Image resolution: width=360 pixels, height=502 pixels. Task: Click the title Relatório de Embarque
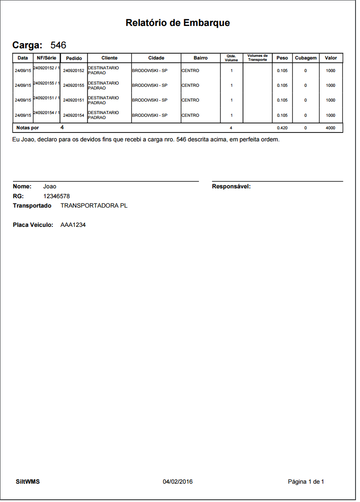[178, 23]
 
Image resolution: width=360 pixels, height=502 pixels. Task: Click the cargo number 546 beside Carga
[58, 45]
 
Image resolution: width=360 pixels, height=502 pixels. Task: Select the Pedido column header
[74, 58]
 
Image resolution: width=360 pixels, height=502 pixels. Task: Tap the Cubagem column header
[305, 58]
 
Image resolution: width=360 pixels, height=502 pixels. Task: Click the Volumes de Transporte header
[257, 58]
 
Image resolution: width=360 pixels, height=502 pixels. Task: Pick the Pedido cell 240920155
[74, 85]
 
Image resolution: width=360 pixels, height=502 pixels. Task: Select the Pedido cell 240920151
[74, 100]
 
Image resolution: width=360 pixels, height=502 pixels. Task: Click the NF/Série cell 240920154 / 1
[47, 113]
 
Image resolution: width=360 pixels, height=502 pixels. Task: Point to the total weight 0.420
[282, 128]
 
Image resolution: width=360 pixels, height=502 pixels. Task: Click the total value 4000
[330, 128]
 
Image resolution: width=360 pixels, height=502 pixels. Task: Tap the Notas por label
[27, 128]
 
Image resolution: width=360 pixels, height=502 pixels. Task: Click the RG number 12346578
[56, 196]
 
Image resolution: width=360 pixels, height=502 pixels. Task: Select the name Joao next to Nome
[50, 187]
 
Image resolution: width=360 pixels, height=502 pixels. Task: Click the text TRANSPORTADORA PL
[94, 206]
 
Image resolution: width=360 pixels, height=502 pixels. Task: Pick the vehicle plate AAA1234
[73, 225]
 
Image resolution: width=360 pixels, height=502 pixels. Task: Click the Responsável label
[231, 187]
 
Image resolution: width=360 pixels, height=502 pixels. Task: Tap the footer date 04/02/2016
[178, 482]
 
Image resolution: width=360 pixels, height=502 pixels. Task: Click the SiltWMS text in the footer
[28, 482]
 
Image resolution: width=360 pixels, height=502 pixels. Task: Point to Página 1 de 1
[306, 482]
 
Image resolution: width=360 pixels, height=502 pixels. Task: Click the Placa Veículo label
[33, 225]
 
